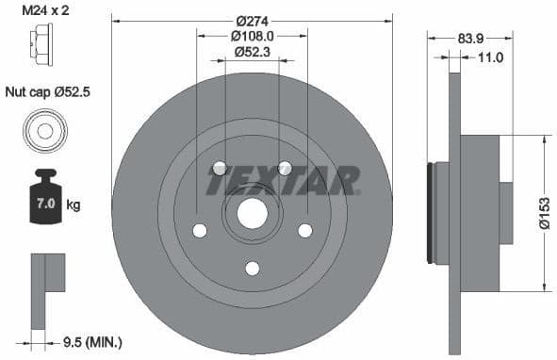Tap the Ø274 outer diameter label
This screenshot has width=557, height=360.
click(253, 20)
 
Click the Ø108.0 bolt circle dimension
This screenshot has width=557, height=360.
click(253, 37)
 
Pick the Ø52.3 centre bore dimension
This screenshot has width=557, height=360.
click(253, 53)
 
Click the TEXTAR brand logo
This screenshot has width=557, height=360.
click(283, 180)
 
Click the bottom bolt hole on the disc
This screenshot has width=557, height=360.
click(252, 269)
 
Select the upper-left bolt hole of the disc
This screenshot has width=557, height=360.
click(220, 169)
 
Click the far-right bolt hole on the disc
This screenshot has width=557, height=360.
click(304, 230)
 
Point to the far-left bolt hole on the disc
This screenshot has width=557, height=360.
click(199, 230)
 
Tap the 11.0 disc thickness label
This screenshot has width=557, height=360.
click(490, 58)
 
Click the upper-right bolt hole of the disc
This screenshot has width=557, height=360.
click(285, 169)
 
